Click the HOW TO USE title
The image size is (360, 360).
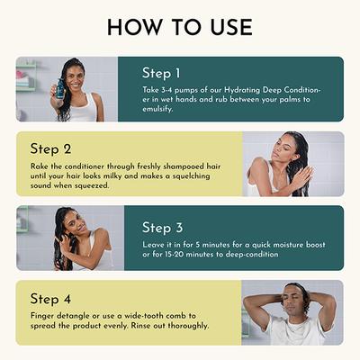(x=180, y=26)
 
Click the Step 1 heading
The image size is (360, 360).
(x=163, y=72)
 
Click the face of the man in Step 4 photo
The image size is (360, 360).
(x=292, y=298)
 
